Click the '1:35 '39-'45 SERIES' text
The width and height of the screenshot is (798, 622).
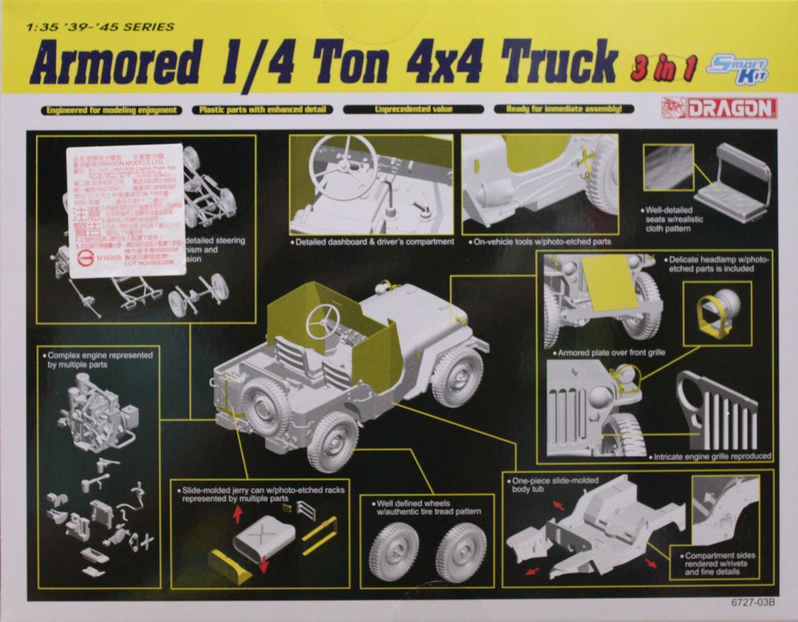pos(100,27)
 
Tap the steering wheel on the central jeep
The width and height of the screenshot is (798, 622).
pos(323,321)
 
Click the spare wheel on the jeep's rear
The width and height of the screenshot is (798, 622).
pos(264,407)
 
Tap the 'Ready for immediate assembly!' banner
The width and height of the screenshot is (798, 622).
pos(564,109)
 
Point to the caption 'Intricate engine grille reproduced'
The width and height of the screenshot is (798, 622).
pos(712,456)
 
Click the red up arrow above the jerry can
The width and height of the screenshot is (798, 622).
pos(237,513)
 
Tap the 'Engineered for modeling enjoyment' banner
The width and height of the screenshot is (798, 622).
pos(111,109)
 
